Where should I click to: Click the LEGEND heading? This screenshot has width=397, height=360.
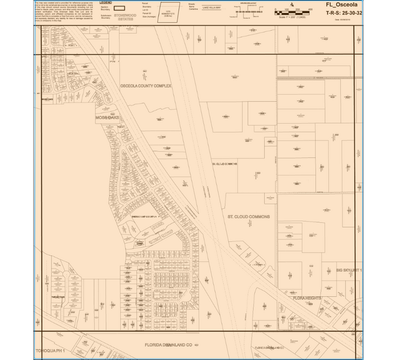coord(105,2)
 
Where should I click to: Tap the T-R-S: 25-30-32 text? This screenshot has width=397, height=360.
coord(344,12)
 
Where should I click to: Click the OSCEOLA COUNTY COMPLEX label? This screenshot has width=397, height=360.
coord(146,86)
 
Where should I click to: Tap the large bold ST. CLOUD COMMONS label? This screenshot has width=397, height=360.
coord(248,217)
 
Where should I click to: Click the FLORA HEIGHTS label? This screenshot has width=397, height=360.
coord(307,298)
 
